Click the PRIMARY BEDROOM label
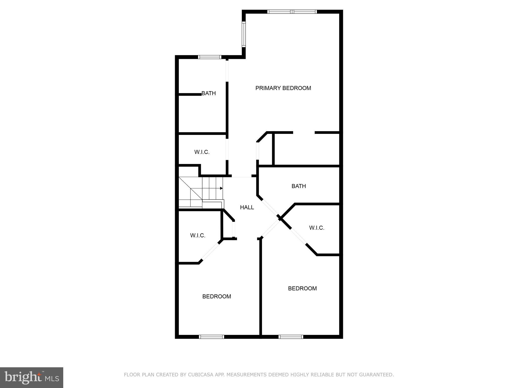click(283, 88)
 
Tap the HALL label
click(247, 207)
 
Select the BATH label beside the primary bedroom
click(209, 93)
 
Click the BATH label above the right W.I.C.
click(299, 186)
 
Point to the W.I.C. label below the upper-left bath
click(202, 152)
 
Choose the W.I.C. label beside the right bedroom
click(317, 228)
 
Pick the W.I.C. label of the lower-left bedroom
click(198, 235)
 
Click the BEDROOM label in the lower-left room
click(217, 296)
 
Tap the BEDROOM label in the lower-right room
click(302, 288)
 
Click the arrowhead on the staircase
click(221, 188)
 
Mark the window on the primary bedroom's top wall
click(292, 12)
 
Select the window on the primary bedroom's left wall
click(244, 34)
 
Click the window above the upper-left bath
click(210, 57)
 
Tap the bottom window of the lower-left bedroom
click(211, 337)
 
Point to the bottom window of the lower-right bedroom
click(291, 337)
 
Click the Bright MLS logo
click(32, 377)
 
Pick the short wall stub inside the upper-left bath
click(190, 94)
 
